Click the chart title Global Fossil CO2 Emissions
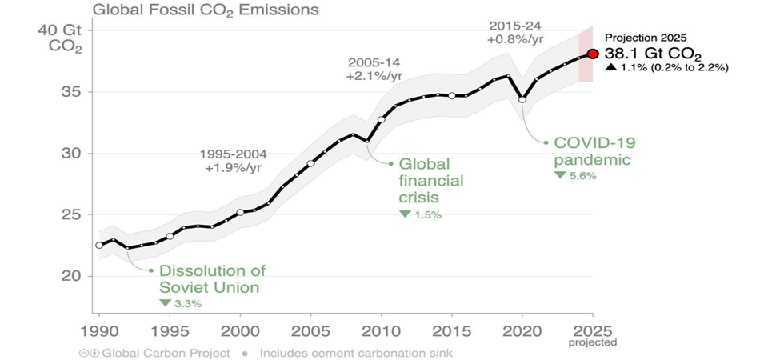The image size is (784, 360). coord(206,10)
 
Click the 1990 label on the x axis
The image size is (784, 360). coord(99,330)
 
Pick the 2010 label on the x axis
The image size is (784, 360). coord(381,330)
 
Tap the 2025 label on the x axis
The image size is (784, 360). coord(593,330)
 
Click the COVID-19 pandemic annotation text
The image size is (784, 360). coord(593,151)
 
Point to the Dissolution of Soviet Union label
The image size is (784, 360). coord(212,278)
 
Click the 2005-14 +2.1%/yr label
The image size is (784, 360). coord(374,69)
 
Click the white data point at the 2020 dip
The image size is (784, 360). coord(522,99)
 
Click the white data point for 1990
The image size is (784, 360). coord(99,245)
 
